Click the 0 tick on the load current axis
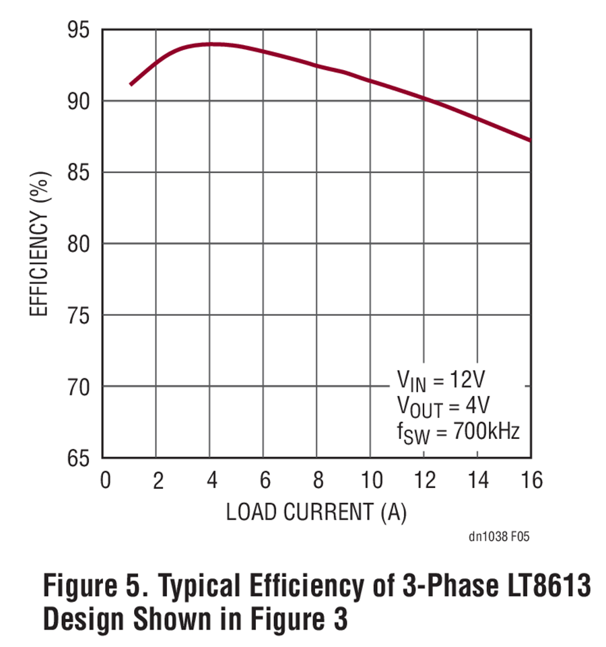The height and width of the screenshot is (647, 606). [x=104, y=480]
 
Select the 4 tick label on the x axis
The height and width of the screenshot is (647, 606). [x=211, y=480]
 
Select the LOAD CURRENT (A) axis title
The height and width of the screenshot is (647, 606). [x=316, y=512]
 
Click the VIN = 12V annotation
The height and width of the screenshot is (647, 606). [x=440, y=380]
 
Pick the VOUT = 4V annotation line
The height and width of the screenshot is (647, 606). [x=442, y=406]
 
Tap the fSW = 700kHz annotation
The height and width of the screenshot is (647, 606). [x=459, y=431]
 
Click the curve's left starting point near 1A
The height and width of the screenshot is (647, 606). [x=131, y=84]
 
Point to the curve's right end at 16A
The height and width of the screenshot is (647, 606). [x=530, y=140]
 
